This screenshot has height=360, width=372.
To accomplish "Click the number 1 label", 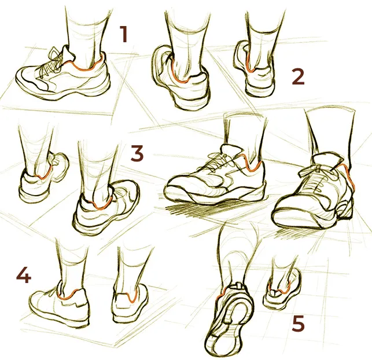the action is (124, 34).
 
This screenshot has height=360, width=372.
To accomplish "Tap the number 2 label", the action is (298, 76).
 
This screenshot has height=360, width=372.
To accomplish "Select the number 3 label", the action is (137, 153).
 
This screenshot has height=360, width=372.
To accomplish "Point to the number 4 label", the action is (24, 275).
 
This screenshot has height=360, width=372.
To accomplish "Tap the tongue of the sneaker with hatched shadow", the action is (232, 150).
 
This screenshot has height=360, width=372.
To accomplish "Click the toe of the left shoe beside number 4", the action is (37, 300).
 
